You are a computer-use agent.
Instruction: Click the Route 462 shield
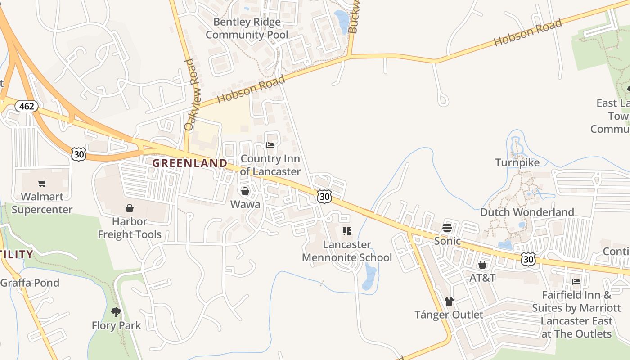[27, 106]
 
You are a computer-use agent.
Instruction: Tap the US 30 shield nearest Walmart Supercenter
[79, 154]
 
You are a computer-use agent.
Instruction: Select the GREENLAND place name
[189, 163]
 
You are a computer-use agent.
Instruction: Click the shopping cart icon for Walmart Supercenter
[42, 183]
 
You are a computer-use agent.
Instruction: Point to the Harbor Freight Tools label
[130, 228]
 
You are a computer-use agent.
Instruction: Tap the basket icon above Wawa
[245, 192]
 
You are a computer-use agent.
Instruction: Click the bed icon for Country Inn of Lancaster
[270, 145]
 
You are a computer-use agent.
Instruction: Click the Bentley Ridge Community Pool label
[247, 28]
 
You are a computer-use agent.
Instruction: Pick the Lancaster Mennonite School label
[347, 251]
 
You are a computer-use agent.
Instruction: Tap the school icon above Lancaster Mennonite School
[346, 231]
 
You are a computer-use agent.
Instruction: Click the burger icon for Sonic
[447, 228]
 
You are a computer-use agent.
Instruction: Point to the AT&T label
[482, 278]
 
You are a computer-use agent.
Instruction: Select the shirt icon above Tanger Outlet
[449, 301]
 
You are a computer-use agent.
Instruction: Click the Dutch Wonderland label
[527, 212]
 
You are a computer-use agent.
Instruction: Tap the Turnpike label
[517, 162]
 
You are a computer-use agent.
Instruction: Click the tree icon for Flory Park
[116, 312]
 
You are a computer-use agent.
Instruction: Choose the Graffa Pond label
[30, 283]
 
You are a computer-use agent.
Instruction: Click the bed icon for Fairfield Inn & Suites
[576, 282]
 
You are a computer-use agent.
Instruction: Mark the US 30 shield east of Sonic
[529, 258]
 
